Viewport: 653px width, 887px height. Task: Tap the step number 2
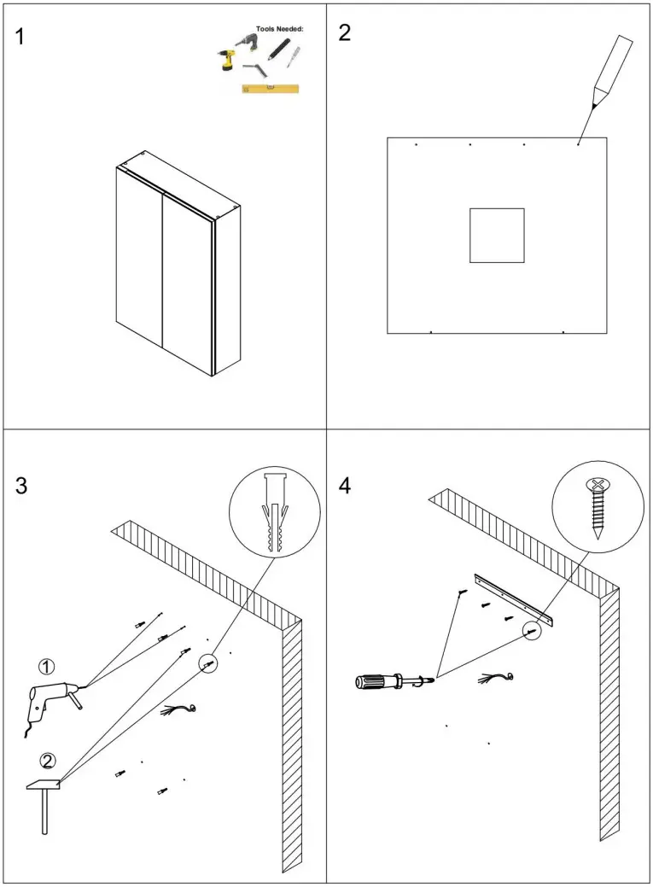[x=345, y=33]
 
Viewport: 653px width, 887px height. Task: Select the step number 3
[x=22, y=487]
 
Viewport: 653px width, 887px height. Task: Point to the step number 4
[x=345, y=486]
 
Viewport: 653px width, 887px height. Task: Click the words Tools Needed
[x=279, y=28]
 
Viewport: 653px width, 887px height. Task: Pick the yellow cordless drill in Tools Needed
[x=225, y=59]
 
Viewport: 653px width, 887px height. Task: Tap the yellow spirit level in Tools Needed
[x=270, y=87]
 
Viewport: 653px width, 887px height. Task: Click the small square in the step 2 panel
[x=496, y=235]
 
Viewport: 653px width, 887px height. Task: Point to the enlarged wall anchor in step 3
[x=274, y=514]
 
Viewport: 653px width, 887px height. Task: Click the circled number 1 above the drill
[x=46, y=666]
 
